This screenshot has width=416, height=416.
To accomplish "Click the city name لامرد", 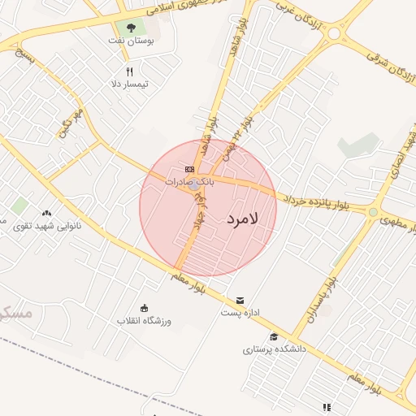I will coord(242,219).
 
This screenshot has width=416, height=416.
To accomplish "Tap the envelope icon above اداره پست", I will coord(239,300).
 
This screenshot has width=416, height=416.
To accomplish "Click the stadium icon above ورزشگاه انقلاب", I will coord(145,308).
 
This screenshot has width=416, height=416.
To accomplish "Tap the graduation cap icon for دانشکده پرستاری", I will coord(274,336).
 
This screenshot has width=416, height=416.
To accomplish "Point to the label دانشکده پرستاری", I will coord(274,349).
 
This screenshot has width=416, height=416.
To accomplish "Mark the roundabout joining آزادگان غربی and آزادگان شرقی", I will coord(333,34).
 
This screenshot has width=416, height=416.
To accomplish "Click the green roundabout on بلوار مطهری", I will coord(373,212).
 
